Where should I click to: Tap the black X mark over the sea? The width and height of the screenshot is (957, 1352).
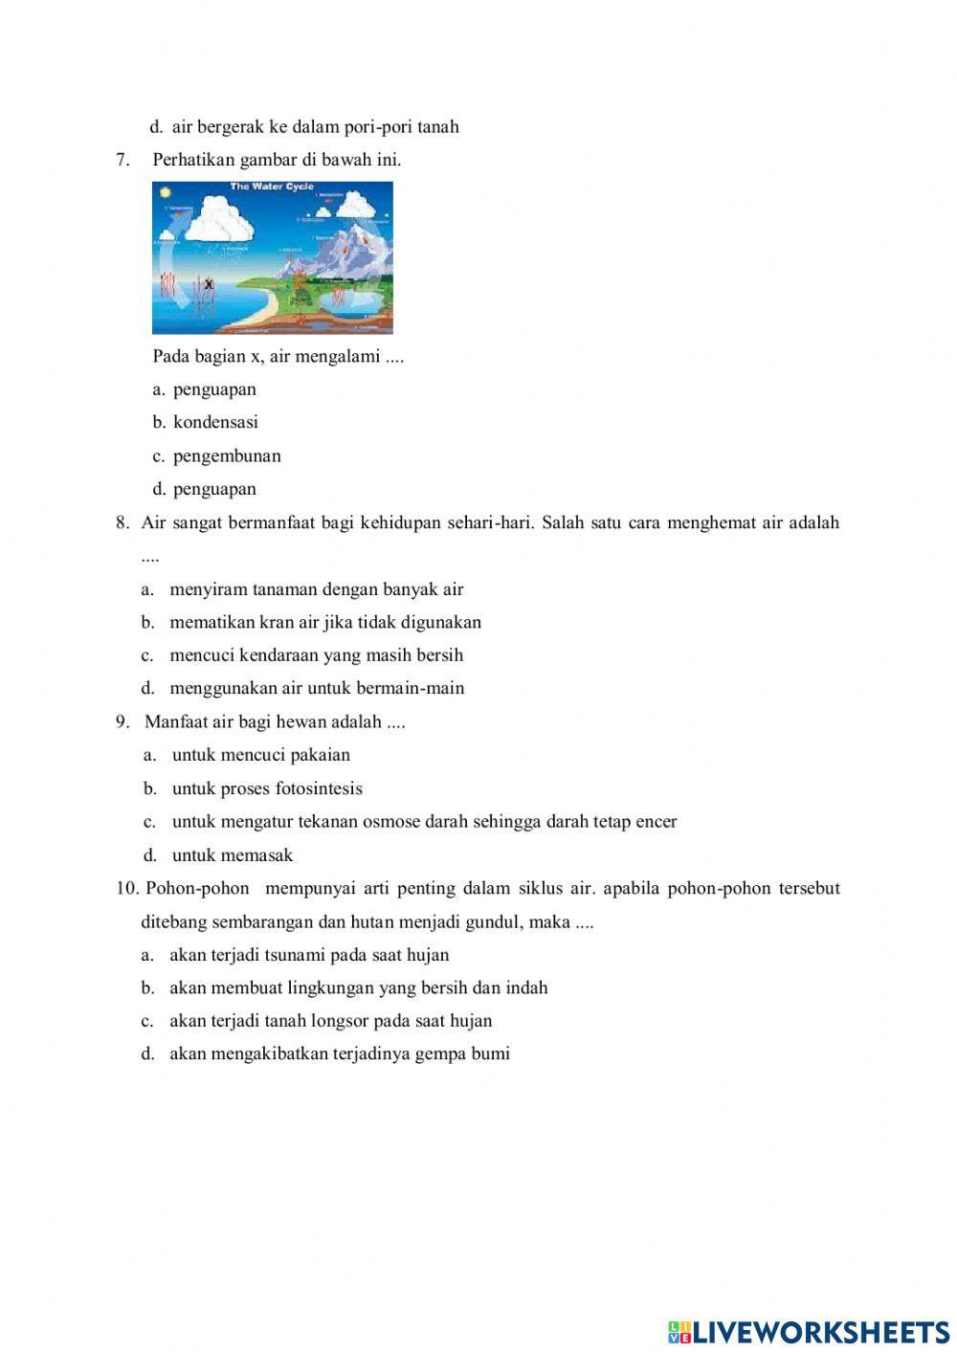(208, 284)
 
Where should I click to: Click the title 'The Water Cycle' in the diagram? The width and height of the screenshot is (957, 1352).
(265, 187)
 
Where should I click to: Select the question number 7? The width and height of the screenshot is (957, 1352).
(122, 160)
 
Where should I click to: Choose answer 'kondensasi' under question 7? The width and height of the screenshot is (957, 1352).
(215, 422)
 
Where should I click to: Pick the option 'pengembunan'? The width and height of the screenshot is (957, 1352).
(227, 455)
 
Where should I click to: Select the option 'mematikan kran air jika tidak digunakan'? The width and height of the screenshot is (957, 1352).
(325, 622)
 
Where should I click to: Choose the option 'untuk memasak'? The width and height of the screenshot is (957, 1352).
(233, 854)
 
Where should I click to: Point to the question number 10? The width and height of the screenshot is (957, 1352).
(127, 888)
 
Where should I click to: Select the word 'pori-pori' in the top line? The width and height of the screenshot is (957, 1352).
(378, 126)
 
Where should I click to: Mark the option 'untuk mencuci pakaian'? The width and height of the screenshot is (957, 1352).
(261, 755)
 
